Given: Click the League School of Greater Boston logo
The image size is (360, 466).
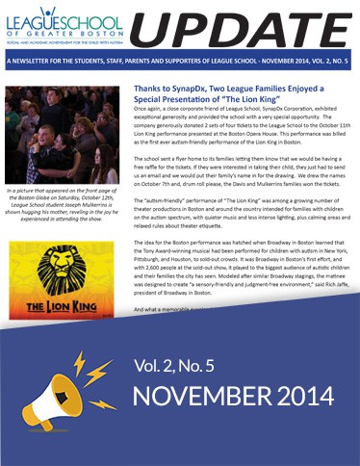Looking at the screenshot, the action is click(x=64, y=26).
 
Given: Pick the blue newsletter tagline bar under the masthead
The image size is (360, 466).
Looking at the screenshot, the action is click(x=180, y=65).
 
